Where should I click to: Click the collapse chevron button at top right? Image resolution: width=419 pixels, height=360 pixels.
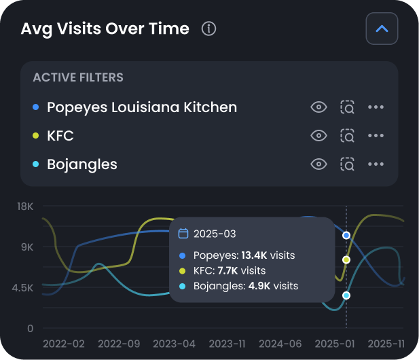click(382, 29)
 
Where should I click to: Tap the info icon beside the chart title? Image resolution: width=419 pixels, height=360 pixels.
click(209, 29)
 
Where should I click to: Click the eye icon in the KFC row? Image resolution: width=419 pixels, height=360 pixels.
click(318, 136)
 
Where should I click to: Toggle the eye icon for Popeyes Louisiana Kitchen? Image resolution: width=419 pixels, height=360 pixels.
click(318, 107)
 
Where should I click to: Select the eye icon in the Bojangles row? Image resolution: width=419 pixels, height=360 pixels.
click(318, 164)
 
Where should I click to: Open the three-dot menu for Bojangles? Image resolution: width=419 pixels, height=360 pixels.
click(376, 164)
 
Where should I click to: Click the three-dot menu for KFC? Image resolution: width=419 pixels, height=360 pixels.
click(376, 136)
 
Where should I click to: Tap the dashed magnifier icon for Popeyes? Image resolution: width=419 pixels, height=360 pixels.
click(347, 107)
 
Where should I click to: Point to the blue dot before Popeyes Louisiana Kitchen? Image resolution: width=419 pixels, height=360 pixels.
click(35, 107)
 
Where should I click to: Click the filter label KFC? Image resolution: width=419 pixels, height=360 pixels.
click(60, 136)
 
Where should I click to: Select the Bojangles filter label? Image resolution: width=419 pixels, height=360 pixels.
click(82, 164)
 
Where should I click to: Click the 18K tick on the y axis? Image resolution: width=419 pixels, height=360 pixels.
click(25, 206)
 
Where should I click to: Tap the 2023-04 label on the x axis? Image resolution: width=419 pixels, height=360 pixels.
click(174, 344)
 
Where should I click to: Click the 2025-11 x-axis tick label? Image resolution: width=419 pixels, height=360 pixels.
click(387, 344)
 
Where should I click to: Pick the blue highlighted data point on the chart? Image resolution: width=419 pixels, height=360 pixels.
click(346, 235)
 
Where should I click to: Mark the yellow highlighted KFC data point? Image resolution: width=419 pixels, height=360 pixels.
click(346, 260)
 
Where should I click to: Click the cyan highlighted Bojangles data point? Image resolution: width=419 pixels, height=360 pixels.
click(346, 295)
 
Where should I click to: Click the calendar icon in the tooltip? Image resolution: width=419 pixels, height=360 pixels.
click(183, 234)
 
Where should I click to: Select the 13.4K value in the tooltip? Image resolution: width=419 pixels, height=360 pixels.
click(255, 255)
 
